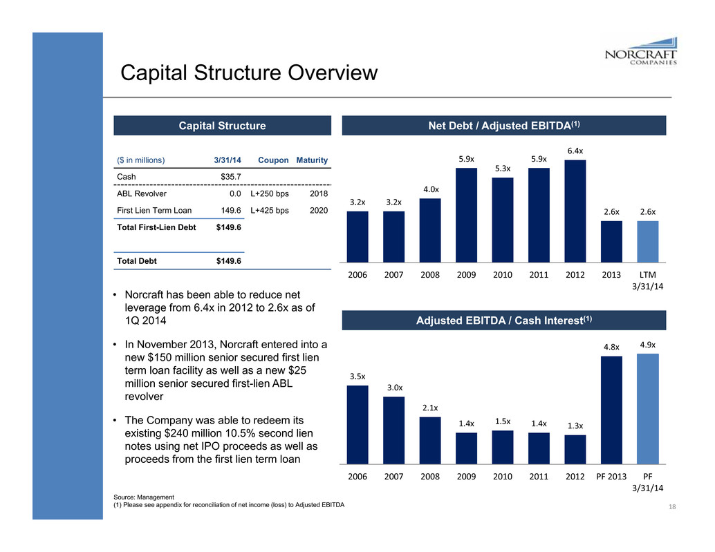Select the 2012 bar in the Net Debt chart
click(x=575, y=211)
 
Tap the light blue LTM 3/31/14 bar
click(x=647, y=241)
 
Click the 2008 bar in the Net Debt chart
click(x=430, y=230)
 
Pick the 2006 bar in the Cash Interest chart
click(x=357, y=423)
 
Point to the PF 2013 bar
click(x=611, y=409)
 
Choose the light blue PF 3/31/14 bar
click(x=647, y=408)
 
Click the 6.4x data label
click(x=575, y=150)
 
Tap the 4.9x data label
click(x=647, y=343)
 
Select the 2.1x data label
click(x=430, y=408)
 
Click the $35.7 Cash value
click(x=231, y=177)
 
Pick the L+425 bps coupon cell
click(x=270, y=211)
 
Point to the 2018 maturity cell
click(x=319, y=194)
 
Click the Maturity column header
click(x=312, y=160)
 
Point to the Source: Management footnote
click(x=143, y=497)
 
